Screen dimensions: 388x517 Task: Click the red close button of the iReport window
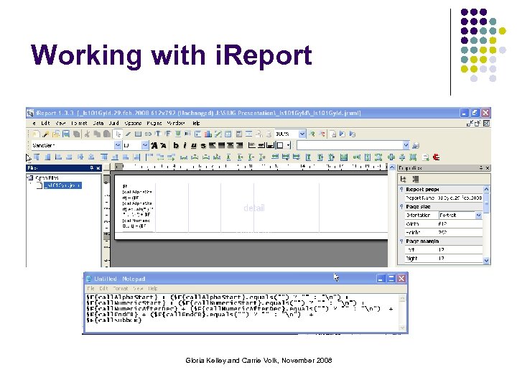coord(486,113)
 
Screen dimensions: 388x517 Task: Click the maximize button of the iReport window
coord(475,113)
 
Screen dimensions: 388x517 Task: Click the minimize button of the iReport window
coord(465,113)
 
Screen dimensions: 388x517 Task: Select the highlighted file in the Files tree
coord(62,185)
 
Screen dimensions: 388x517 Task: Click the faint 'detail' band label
coord(253,208)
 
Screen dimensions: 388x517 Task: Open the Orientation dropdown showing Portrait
coord(479,215)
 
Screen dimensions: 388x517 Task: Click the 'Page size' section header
coord(419,206)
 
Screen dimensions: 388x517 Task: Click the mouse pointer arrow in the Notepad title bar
coord(337,277)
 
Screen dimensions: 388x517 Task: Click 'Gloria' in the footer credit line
coord(195,360)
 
